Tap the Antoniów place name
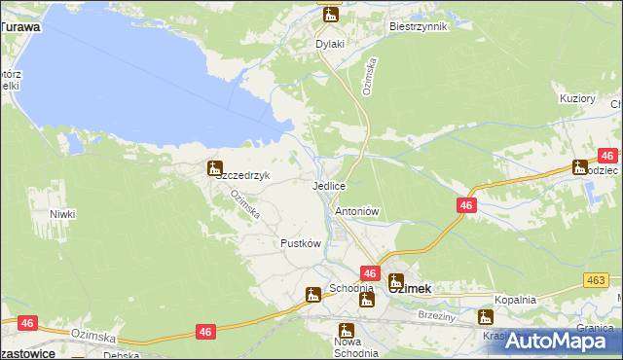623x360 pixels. [356, 211]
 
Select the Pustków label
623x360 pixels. [301, 243]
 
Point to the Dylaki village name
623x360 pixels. [330, 44]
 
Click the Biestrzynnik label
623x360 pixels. [418, 27]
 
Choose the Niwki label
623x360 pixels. [62, 213]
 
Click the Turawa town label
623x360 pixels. [20, 27]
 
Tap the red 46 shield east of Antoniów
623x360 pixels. [467, 205]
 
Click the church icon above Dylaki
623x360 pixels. [330, 14]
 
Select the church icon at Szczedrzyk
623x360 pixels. [214, 167]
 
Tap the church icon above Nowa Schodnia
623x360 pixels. [345, 330]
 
